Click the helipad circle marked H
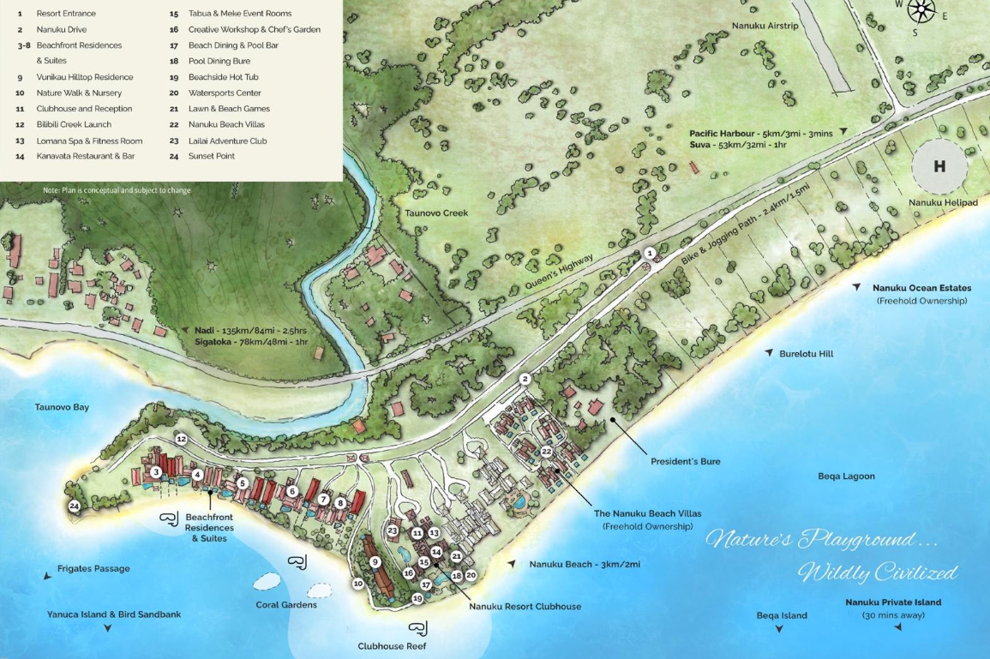coord(939,167)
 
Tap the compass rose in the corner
coord(921,10)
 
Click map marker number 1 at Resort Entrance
coord(650,253)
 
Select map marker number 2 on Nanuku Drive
coord(525,379)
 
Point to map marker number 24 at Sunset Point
coord(75,506)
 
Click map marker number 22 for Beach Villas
coord(546,452)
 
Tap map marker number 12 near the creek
coord(181,439)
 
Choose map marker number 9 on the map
coord(375,562)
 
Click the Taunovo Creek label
coord(437,213)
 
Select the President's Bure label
coord(685,461)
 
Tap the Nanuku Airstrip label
coord(765,26)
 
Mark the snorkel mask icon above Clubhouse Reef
coord(418,628)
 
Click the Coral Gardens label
coord(286,604)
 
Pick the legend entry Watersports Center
coord(225,93)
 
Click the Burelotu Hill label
coord(806,353)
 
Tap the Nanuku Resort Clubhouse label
coord(525,606)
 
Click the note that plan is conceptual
coord(117,190)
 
